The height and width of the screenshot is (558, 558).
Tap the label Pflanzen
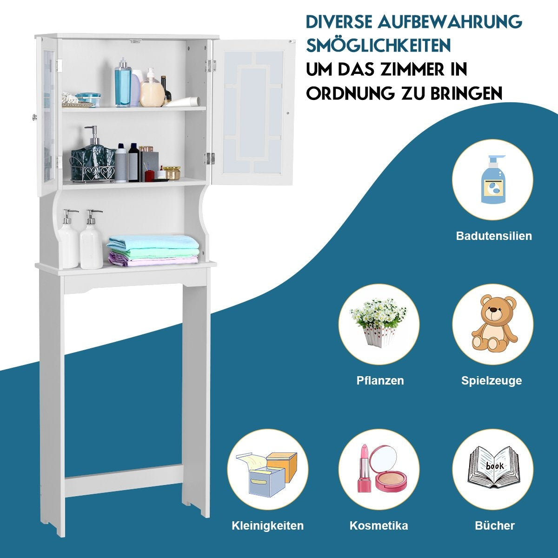380,380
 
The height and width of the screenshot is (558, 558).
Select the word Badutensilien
494,236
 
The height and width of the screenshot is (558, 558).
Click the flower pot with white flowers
378,321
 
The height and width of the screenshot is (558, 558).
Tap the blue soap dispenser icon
493,179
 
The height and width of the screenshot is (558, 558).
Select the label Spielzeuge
492,380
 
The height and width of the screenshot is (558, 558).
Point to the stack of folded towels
153,251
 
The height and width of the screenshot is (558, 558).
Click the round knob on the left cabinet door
34,117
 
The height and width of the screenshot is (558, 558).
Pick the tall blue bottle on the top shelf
123,82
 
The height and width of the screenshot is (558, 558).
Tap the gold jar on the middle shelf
172,173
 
